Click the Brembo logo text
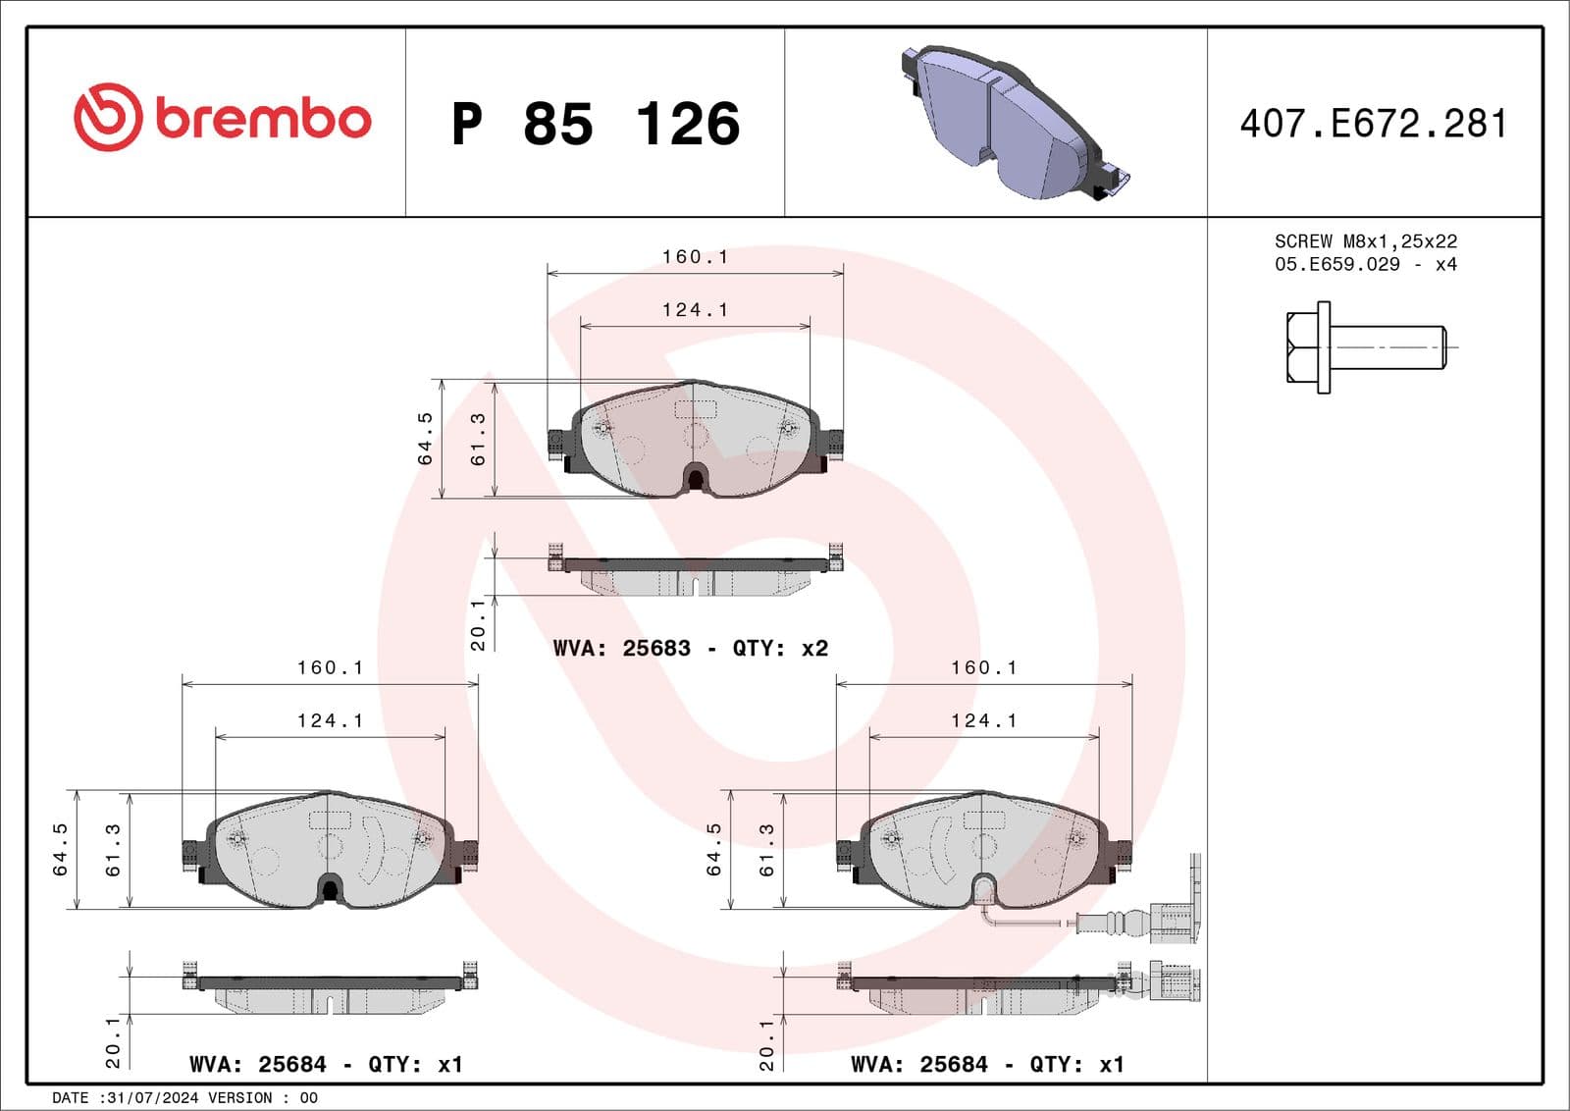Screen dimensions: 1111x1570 coord(263,120)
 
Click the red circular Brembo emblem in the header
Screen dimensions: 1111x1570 coord(107,117)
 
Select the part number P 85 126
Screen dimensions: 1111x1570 coord(596,125)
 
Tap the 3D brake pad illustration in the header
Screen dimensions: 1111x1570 coord(1011,123)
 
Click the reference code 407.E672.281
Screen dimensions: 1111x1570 coord(1373,124)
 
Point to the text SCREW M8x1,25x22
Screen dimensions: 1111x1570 coord(1365,241)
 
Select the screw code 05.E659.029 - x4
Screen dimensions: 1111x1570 coord(1365,265)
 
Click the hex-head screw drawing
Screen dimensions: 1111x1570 coord(1364,347)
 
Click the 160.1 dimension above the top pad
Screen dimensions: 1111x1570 coord(695,257)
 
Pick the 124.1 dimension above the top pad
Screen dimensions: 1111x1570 coord(695,310)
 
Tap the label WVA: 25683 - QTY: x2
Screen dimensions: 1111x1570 coord(690,649)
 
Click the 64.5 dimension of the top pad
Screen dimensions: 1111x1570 coord(425,438)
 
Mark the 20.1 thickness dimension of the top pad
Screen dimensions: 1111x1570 coord(478,624)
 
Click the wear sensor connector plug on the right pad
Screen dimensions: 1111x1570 coord(1173,923)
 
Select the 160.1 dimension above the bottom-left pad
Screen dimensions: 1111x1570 coord(330,668)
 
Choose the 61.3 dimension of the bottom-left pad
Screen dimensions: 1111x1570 coord(113,849)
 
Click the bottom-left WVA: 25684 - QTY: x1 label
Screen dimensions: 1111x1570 coord(325,1065)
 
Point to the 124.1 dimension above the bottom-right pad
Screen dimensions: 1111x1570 coord(983,721)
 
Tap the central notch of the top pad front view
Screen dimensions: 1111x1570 coord(695,479)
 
